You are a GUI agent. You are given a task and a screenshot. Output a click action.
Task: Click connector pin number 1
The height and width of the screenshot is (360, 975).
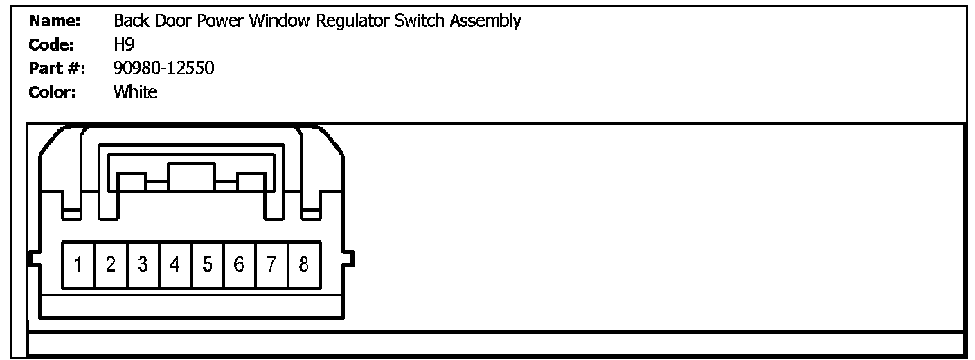pyautogui.click(x=78, y=265)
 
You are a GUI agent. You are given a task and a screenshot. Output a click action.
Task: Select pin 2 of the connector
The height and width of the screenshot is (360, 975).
pyautogui.click(x=111, y=265)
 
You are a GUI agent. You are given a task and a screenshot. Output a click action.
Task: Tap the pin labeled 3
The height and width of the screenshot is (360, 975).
pyautogui.click(x=143, y=265)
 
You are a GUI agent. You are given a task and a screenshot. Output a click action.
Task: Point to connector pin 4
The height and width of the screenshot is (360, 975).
pyautogui.click(x=175, y=265)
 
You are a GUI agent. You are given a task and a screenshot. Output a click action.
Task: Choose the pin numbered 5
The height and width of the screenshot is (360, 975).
pyautogui.click(x=207, y=265)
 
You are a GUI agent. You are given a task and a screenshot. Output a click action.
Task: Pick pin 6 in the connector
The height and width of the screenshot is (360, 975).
pyautogui.click(x=239, y=265)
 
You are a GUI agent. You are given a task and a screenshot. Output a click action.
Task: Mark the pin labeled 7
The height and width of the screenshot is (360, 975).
pyautogui.click(x=271, y=265)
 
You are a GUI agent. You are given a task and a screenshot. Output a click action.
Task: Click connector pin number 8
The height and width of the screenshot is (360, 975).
pyautogui.click(x=303, y=265)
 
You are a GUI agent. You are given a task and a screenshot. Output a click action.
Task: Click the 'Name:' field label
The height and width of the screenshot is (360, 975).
pyautogui.click(x=55, y=21)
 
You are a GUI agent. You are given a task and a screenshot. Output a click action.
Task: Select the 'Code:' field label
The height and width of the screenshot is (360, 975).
pyautogui.click(x=51, y=45)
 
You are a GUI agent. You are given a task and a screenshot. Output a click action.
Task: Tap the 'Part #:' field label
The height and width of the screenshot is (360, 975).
pyautogui.click(x=57, y=69)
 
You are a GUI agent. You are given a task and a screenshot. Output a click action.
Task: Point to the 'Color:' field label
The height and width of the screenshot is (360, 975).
pyautogui.click(x=52, y=92)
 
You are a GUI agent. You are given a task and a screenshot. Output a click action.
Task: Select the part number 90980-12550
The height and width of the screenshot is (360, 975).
pyautogui.click(x=163, y=69)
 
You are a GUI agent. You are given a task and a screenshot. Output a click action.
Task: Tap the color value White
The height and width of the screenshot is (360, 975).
pyautogui.click(x=135, y=92)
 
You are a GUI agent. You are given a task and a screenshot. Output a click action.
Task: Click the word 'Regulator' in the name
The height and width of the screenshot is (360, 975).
pyautogui.click(x=352, y=21)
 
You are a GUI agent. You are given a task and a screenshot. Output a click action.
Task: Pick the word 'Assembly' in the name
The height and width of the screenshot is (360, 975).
pyautogui.click(x=485, y=21)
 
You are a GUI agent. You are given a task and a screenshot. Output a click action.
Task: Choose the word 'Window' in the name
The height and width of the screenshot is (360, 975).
pyautogui.click(x=280, y=21)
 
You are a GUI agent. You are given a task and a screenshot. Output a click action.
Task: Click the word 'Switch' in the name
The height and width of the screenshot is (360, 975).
pyautogui.click(x=420, y=21)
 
